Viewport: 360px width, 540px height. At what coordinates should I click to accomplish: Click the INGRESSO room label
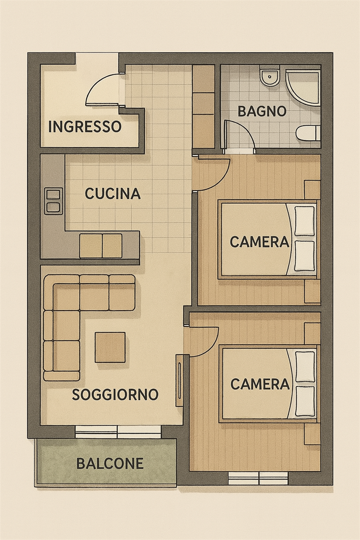[x=85, y=127]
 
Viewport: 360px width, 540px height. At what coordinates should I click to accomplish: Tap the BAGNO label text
[x=262, y=112]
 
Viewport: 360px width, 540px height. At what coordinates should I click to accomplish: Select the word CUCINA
[x=113, y=194]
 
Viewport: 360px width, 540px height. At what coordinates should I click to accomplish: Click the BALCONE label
[x=110, y=463]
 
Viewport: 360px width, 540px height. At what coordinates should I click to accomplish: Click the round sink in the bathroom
[x=270, y=77]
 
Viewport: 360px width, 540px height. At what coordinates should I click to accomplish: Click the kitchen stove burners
[x=53, y=201]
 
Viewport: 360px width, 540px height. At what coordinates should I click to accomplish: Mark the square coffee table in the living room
[x=110, y=347]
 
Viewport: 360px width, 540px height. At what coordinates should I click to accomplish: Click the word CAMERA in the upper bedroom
[x=260, y=242]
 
